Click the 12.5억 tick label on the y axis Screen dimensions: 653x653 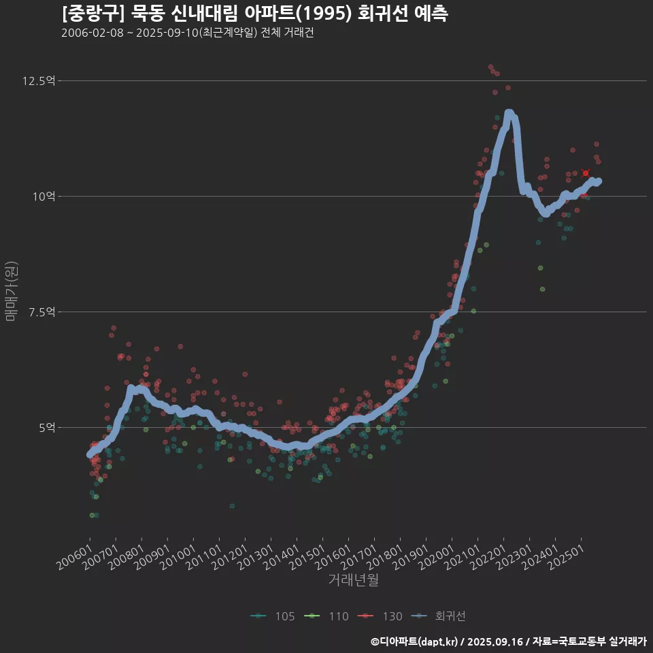pos(39,81)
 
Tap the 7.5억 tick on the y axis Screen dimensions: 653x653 pos(41,312)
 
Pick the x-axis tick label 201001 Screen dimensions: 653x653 pos(179,556)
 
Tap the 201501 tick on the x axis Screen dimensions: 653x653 pos(308,556)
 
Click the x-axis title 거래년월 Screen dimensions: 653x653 pos(353,580)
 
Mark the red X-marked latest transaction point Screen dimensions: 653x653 pos(586,173)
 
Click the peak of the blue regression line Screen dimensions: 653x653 pos(509,113)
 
